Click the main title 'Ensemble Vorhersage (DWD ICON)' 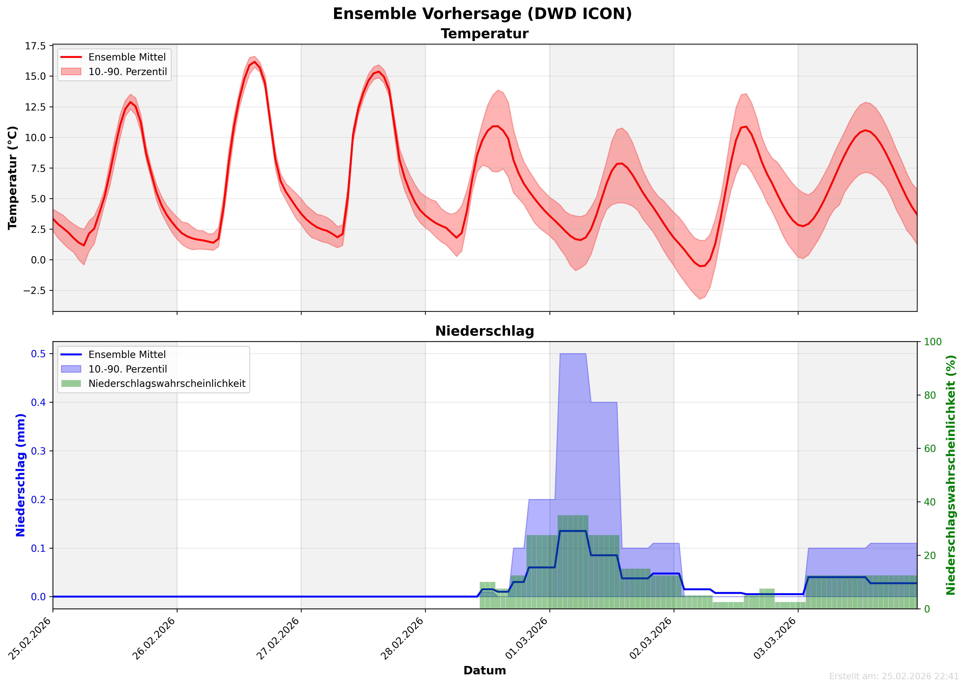click(x=482, y=14)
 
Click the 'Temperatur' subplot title click(x=484, y=34)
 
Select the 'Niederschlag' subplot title click(x=484, y=331)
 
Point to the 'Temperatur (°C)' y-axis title click(x=13, y=178)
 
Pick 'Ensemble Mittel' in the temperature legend click(x=127, y=57)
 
